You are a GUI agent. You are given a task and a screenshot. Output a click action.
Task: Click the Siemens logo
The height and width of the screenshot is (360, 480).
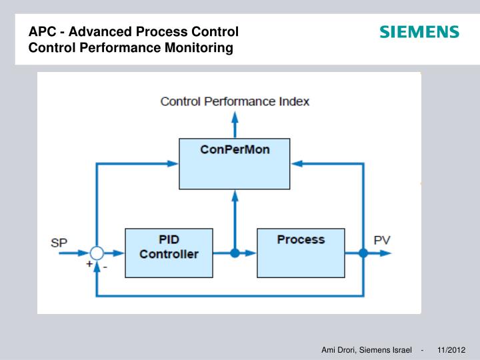click(419, 32)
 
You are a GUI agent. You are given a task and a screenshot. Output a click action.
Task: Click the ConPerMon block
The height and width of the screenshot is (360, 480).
click(235, 163)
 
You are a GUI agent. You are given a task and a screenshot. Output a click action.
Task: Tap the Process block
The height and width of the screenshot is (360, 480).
click(300, 253)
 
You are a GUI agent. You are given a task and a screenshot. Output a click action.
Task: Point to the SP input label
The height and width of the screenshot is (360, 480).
click(59, 243)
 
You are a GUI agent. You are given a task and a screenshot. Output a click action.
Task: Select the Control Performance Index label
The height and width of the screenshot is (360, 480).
click(235, 101)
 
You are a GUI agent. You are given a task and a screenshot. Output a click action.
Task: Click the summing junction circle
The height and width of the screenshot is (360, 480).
click(97, 253)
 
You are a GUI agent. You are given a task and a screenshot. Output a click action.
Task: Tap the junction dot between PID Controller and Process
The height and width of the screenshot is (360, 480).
click(235, 253)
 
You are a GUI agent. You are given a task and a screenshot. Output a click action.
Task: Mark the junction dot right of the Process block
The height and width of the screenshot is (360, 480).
click(363, 253)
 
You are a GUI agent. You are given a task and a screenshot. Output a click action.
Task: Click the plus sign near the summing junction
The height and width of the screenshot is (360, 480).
click(88, 264)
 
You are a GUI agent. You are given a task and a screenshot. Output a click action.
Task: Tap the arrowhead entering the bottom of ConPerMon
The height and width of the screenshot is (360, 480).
click(235, 195)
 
